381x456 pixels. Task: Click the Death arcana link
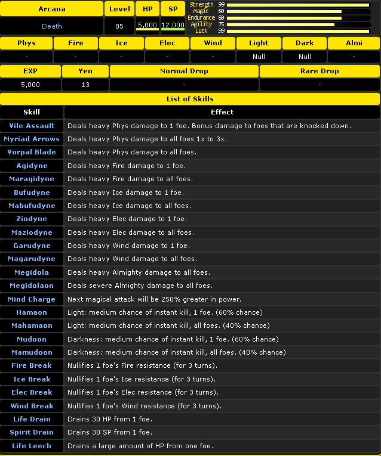52,26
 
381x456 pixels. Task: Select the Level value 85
119,26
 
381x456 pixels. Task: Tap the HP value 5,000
147,26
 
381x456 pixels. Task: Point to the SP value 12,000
173,26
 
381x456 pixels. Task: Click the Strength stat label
201,5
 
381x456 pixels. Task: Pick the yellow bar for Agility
281,24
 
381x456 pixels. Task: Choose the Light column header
259,43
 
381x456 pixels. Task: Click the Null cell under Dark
305,57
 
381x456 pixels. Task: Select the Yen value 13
85,85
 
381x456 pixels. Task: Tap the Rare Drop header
319,71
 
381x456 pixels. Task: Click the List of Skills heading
190,98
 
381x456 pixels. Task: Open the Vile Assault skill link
32,126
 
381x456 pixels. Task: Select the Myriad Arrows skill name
32,139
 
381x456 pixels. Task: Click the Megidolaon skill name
32,286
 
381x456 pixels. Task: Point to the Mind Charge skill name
32,299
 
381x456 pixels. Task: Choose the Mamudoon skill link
32,352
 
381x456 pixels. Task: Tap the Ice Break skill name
32,379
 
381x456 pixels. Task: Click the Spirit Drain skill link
32,432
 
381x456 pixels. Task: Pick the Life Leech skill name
32,446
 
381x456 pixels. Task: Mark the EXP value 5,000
30,85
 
